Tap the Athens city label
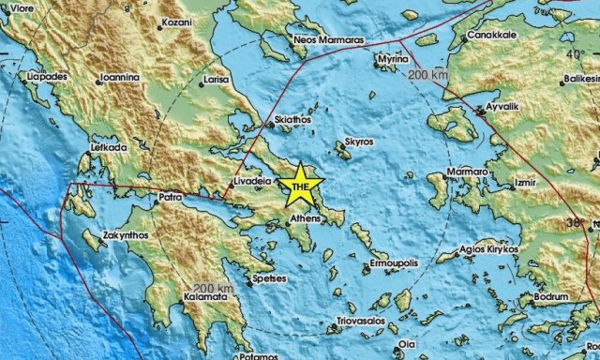pos(306,218)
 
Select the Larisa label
pos(217,81)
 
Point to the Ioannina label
pos(120,78)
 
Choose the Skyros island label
pos(358,142)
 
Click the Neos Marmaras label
pos(327,41)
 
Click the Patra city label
pos(169,198)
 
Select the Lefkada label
pos(108,147)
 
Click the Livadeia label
pos(252,177)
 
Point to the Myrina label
pos(389,59)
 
